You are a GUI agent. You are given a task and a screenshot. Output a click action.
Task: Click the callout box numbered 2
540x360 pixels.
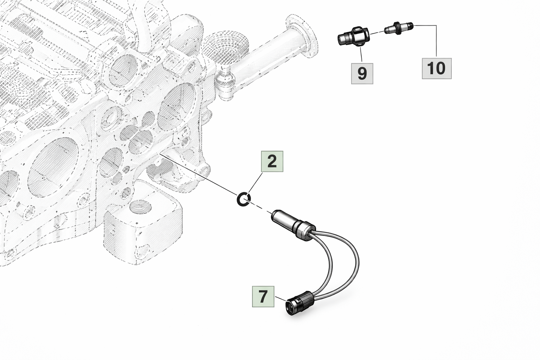pos(272,161)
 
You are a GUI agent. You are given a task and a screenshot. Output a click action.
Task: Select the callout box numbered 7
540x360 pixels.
pos(263,296)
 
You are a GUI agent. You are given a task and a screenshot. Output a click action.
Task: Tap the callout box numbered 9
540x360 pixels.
pos(362,73)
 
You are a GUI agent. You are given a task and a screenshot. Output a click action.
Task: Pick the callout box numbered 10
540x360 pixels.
pos(437,68)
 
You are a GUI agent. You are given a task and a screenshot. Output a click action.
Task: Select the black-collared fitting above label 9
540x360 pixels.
pos(353,36)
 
